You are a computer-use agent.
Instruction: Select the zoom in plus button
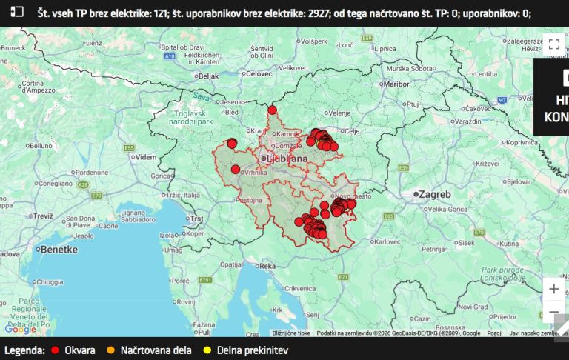point(553,288)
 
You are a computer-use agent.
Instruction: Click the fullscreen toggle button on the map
point(553,44)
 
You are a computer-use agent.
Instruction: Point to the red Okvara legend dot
point(55,350)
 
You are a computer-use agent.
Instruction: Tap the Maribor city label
point(396,84)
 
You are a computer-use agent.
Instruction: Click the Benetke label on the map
point(59,250)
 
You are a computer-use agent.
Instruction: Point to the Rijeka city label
point(267,265)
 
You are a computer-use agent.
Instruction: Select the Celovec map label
point(259,73)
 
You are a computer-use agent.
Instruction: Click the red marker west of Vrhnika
point(236,170)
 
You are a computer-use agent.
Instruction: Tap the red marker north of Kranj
point(272,110)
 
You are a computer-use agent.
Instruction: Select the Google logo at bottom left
point(19,329)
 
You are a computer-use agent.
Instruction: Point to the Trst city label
point(196,219)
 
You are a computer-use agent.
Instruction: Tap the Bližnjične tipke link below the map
point(291,334)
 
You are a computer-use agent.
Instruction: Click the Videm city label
point(146,157)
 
